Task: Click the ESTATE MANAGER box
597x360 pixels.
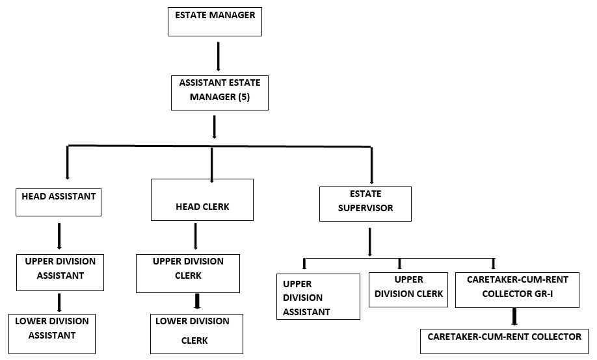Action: click(x=215, y=21)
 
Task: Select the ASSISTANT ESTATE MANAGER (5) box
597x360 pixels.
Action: click(x=220, y=92)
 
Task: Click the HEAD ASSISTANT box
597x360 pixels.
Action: click(x=59, y=201)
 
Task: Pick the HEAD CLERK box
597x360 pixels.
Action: click(x=202, y=201)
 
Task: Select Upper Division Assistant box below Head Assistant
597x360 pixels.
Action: click(x=60, y=272)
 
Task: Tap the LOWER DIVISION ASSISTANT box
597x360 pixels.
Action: click(x=52, y=333)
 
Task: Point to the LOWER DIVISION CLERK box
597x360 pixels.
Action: click(x=196, y=333)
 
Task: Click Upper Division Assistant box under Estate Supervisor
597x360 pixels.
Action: click(x=318, y=296)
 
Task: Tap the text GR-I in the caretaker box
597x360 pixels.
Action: click(x=552, y=293)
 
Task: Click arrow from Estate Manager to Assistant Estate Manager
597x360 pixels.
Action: click(x=218, y=56)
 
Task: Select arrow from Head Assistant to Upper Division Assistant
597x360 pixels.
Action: click(x=59, y=236)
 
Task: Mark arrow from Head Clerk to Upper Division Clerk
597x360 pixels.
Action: click(x=195, y=237)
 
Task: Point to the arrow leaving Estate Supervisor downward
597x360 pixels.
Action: click(x=369, y=242)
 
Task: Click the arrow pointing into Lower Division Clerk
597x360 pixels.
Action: click(x=196, y=301)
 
